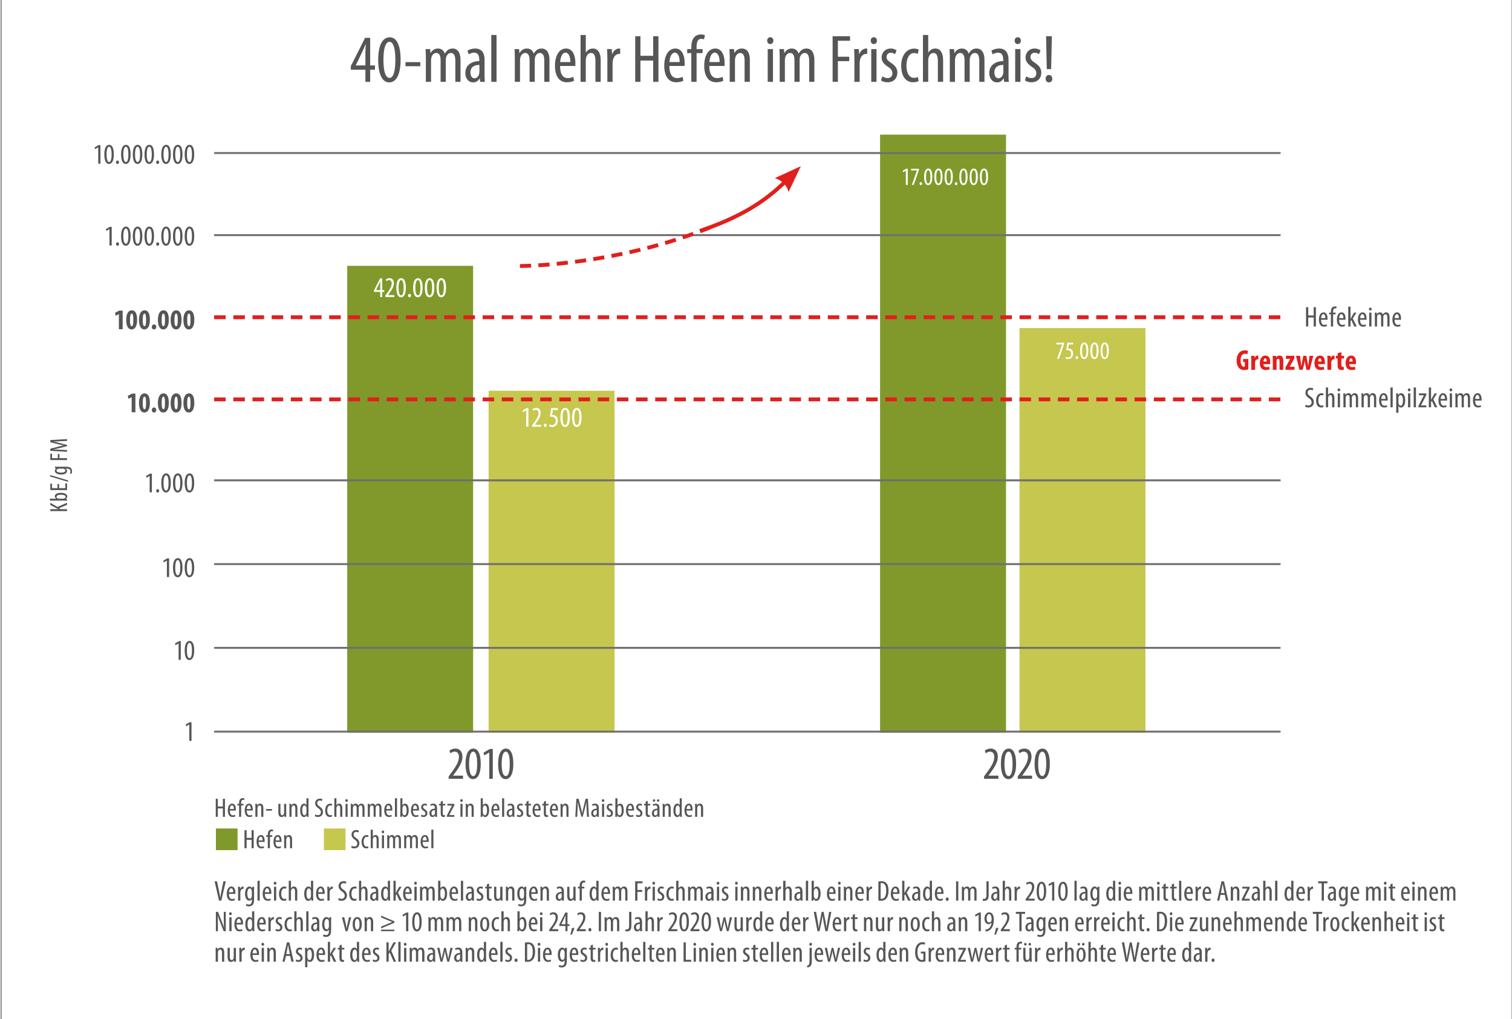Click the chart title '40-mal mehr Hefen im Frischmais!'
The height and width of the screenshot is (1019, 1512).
click(x=702, y=61)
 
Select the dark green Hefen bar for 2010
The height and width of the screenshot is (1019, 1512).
click(x=410, y=520)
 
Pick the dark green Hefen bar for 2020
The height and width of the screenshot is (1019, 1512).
click(x=942, y=455)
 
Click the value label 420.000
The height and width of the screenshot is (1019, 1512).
click(x=410, y=288)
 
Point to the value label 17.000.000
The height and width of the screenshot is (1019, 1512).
click(x=945, y=177)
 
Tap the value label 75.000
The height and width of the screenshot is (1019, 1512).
click(x=1082, y=351)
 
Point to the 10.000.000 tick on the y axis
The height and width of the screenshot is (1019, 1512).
click(x=144, y=155)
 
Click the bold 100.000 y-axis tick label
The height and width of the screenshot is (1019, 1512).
click(x=155, y=319)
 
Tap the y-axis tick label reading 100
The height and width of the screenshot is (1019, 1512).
click(x=178, y=568)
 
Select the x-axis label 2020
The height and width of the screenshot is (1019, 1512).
click(x=1017, y=765)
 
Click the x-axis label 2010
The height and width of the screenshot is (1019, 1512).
click(x=481, y=765)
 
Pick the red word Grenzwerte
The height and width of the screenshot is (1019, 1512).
click(x=1295, y=361)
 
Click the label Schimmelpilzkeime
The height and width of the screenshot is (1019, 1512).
click(x=1392, y=398)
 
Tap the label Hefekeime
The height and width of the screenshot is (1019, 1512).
click(x=1352, y=318)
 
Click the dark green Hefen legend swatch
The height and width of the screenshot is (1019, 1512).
click(x=227, y=839)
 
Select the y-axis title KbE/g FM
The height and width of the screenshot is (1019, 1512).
click(x=59, y=474)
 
